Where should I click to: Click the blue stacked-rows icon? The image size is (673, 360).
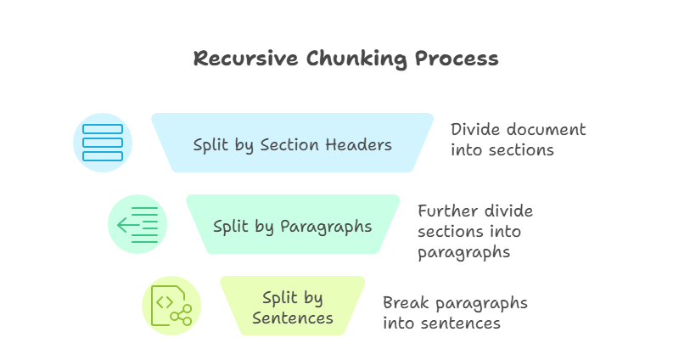pos(103,143)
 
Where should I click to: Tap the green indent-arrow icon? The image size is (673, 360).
pos(137,225)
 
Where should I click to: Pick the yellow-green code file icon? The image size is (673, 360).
pos(170,306)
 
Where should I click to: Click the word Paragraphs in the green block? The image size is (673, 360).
pos(324,227)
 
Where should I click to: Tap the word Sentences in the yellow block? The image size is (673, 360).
pos(293,318)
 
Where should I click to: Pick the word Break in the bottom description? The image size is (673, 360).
pos(404,303)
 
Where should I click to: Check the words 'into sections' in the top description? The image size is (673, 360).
pos(502,150)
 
